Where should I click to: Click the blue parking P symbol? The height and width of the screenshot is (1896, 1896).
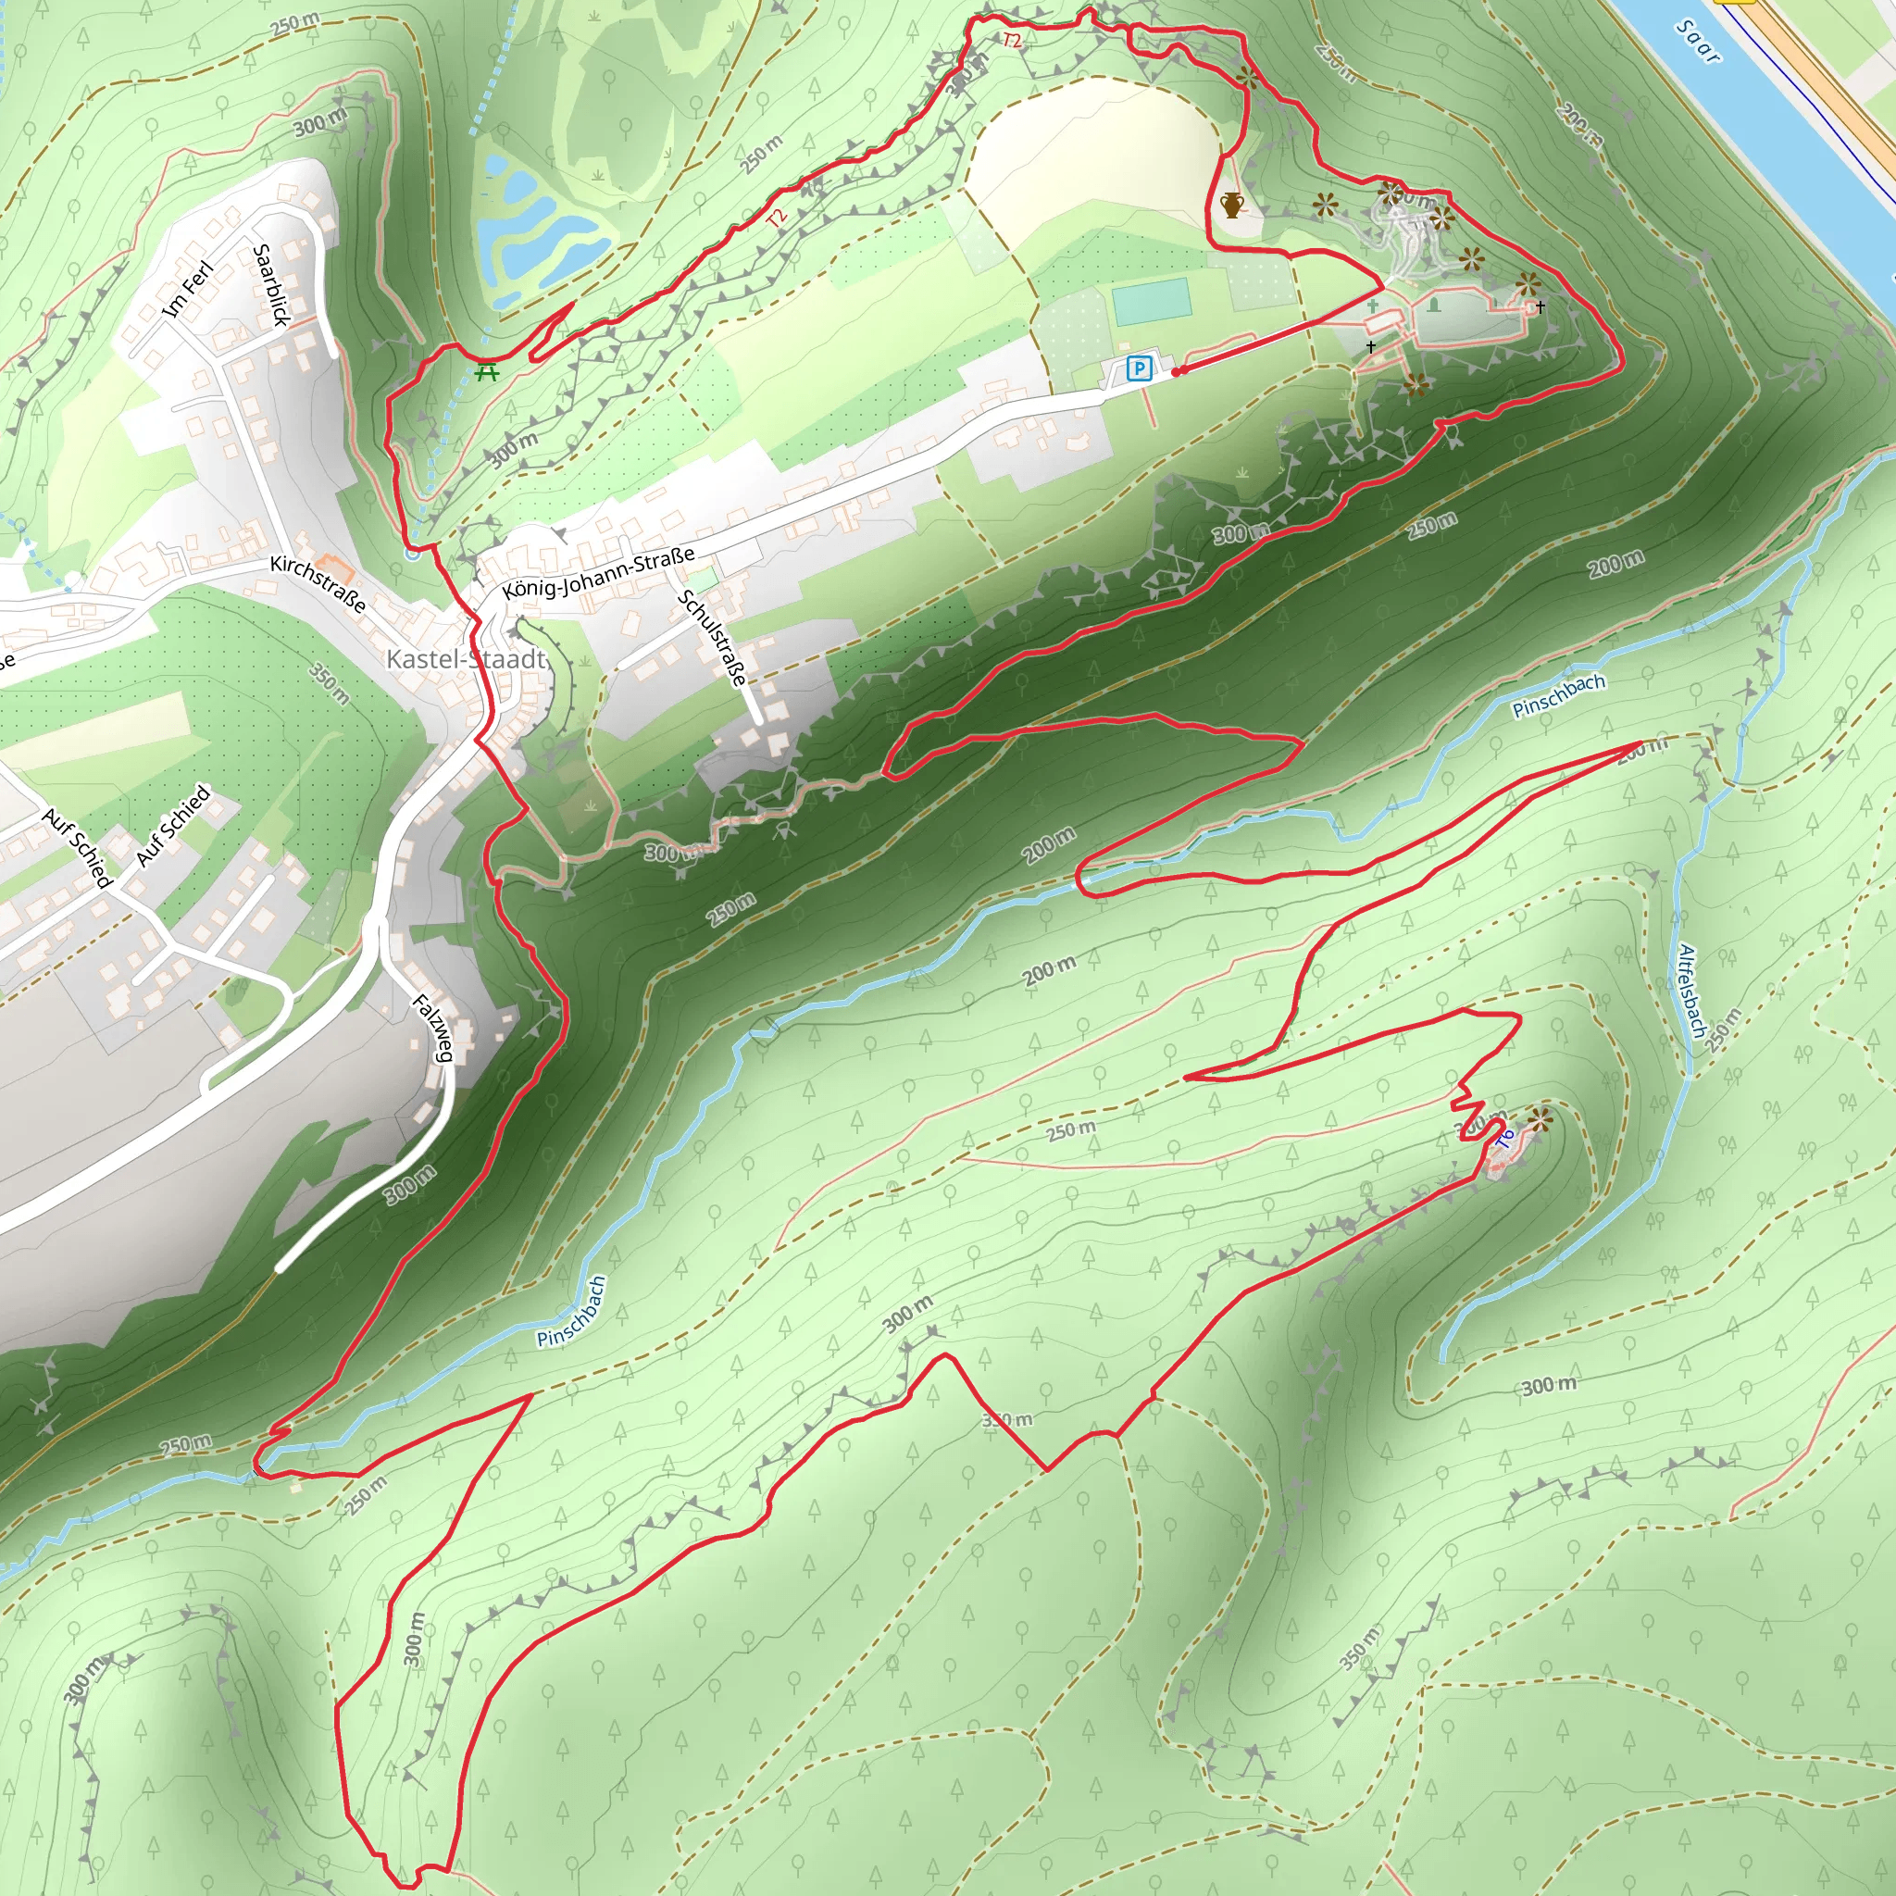point(1139,369)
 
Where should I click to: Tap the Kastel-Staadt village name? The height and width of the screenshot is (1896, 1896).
point(465,658)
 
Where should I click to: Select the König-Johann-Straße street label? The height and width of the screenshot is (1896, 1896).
point(599,573)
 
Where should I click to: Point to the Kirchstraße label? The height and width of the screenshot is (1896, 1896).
point(318,584)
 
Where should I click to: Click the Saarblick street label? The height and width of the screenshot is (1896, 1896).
point(272,284)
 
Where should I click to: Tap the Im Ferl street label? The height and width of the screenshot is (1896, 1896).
point(186,290)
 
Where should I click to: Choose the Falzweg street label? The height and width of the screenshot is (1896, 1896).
point(432,1028)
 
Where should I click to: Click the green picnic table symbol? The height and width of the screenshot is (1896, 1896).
point(487,372)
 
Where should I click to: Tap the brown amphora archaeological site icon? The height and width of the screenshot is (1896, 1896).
point(1231,206)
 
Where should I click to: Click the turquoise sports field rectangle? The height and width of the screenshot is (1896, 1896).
point(1151,301)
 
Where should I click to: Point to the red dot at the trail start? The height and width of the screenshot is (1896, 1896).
point(1177,372)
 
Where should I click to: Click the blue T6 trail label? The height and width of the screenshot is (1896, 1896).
point(1505,1140)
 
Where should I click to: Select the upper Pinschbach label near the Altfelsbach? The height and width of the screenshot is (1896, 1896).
point(1558,695)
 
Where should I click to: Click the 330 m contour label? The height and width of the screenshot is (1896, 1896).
point(1008,1420)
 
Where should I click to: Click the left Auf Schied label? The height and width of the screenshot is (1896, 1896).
point(78,848)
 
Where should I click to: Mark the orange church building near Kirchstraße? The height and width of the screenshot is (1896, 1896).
point(337,567)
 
